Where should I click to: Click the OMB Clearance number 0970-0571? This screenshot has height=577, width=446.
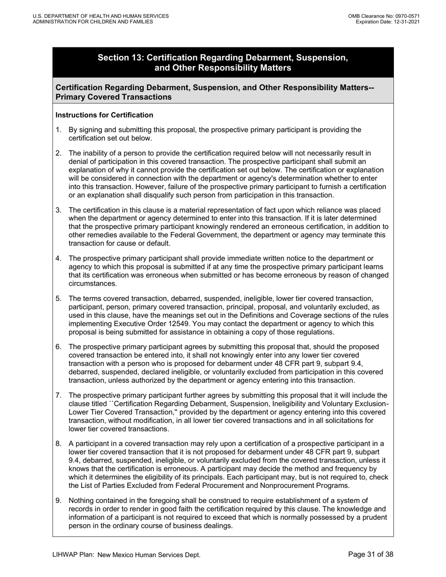click(x=406, y=16)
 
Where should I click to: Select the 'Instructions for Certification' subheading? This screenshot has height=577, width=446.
click(x=104, y=115)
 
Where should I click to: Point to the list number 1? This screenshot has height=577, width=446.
click(x=58, y=130)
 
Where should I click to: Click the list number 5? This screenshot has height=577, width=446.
click(x=58, y=298)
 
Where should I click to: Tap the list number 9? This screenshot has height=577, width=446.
click(x=58, y=501)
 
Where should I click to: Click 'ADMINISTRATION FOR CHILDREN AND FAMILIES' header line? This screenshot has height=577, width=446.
click(x=92, y=22)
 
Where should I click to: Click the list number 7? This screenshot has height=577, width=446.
click(x=58, y=395)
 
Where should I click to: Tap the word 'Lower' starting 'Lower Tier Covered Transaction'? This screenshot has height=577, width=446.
click(x=79, y=412)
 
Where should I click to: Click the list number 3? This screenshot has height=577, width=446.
click(x=58, y=210)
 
